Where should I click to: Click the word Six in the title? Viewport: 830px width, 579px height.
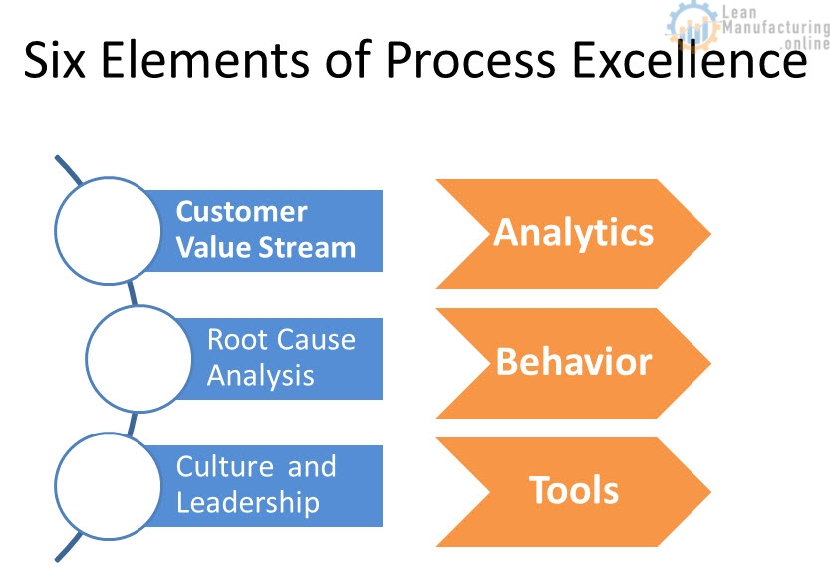tap(55, 59)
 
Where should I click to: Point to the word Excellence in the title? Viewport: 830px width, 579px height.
tap(690, 59)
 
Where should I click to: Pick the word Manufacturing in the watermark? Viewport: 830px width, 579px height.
tap(776, 27)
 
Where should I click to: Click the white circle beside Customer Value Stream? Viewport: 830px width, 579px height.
tap(108, 231)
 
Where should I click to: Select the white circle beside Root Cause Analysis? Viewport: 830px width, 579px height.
tap(138, 359)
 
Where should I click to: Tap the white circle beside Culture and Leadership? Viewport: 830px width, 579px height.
tap(108, 486)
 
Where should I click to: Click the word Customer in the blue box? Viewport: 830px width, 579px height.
tap(241, 212)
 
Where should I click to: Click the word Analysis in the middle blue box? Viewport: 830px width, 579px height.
tap(261, 376)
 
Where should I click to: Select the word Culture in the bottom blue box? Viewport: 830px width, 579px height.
tap(225, 466)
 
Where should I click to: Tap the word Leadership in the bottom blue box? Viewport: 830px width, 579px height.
tap(248, 503)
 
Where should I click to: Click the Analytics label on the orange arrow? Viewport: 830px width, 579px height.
tap(574, 233)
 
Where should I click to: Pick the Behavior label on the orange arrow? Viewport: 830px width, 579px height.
tap(574, 362)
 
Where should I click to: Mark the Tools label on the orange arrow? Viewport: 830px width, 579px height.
tap(574, 490)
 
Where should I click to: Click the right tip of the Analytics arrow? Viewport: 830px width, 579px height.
tap(710, 234)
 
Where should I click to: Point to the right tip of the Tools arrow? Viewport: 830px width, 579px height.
tap(710, 491)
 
